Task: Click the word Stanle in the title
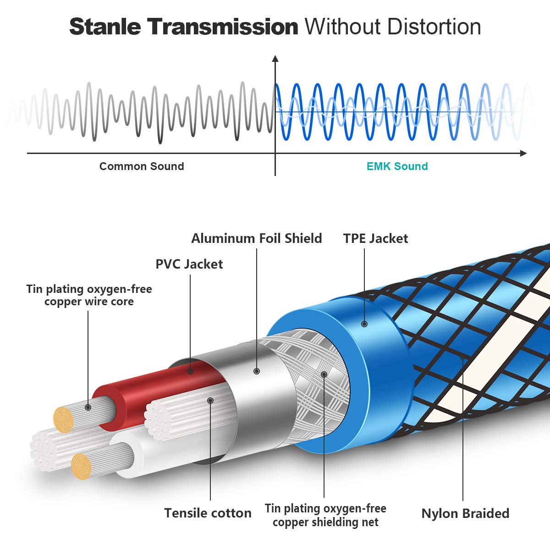point(105,27)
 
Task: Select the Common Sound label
point(142,166)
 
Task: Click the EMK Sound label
point(397,166)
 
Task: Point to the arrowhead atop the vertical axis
point(275,59)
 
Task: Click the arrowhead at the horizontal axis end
point(523,153)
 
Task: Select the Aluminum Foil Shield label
point(257,238)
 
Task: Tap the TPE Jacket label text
point(376,238)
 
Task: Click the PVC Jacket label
point(189,264)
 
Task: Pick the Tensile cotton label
point(208,513)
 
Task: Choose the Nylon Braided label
point(465,513)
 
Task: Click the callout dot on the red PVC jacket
point(190,371)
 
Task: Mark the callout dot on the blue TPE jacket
point(364,324)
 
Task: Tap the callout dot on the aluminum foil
point(257,371)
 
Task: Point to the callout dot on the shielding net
point(324,374)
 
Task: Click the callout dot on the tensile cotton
point(210,401)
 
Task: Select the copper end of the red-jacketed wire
point(63,419)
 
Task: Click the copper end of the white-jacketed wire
point(81,467)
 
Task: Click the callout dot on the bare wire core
point(88,407)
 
